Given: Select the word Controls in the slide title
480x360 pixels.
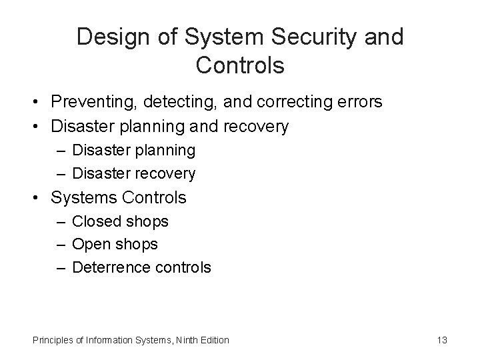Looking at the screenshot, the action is [240, 66].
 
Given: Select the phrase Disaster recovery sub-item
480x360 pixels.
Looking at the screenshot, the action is [134, 174].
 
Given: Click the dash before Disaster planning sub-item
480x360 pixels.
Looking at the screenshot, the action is [61, 151].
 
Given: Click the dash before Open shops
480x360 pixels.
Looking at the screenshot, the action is [61, 245].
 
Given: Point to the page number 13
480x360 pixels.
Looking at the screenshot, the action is [441, 340].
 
